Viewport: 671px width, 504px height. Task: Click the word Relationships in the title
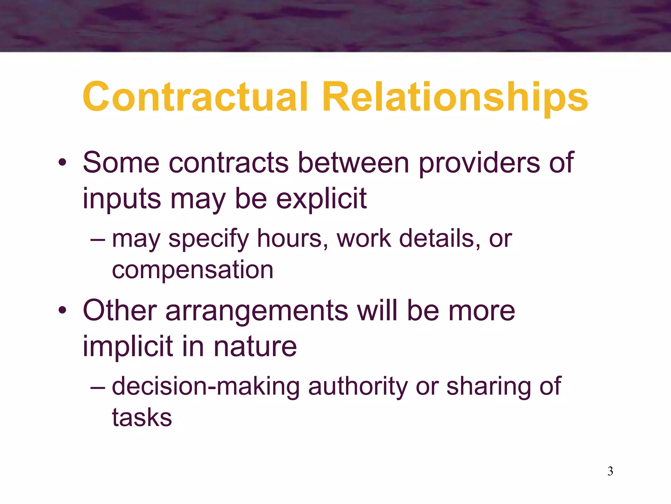point(455,97)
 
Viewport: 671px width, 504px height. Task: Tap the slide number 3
point(610,471)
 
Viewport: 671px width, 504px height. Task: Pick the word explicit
point(321,199)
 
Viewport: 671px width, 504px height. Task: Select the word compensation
point(193,270)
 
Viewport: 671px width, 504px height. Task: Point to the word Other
point(120,310)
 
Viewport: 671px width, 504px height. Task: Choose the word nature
point(255,346)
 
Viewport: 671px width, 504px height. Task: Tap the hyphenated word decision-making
point(206,387)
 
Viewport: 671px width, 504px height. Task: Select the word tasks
point(142,417)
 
